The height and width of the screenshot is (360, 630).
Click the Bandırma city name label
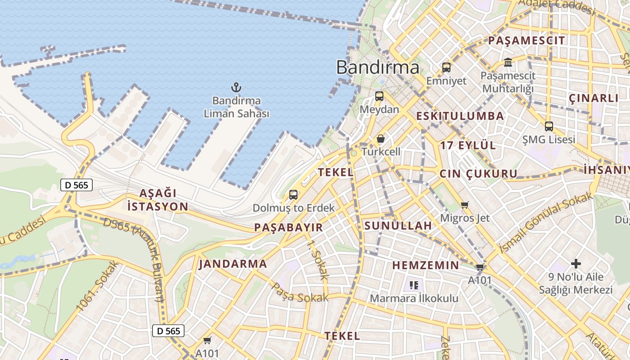click(x=378, y=67)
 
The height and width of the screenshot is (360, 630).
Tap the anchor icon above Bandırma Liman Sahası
click(x=236, y=87)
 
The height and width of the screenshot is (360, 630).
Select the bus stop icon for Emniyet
click(x=446, y=67)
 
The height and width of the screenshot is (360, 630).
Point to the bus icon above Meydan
click(x=379, y=96)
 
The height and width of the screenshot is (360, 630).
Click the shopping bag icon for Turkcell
click(x=381, y=139)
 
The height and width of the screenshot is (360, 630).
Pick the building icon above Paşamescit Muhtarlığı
click(x=508, y=62)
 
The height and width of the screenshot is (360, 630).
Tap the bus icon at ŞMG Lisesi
click(x=549, y=126)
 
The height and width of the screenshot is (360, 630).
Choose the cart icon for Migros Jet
click(x=465, y=205)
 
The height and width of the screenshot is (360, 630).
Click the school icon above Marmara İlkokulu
click(x=414, y=285)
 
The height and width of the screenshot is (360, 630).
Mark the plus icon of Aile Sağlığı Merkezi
click(x=576, y=264)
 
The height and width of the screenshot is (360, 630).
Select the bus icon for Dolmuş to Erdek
click(x=293, y=195)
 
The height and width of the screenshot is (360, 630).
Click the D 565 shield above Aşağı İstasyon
click(x=76, y=184)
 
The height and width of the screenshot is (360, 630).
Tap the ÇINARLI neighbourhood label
click(x=594, y=98)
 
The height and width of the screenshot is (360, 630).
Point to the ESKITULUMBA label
click(x=460, y=116)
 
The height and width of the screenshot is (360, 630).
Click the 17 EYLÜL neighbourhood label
click(x=468, y=145)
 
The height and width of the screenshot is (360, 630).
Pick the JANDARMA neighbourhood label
click(x=233, y=264)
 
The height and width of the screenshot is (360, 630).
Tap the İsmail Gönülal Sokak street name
click(x=545, y=222)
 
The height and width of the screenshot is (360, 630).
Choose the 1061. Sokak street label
click(x=97, y=286)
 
